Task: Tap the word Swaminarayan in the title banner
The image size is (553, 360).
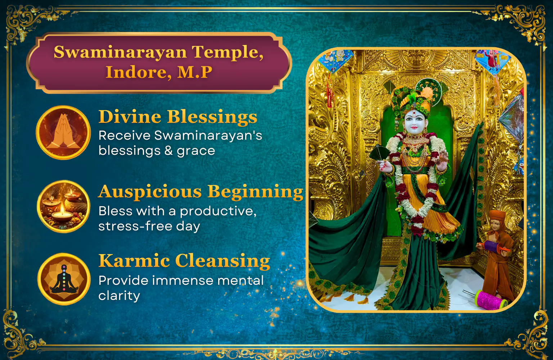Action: click(x=120, y=52)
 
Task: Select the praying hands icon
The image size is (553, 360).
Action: click(x=63, y=132)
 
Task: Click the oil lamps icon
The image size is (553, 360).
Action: click(x=63, y=206)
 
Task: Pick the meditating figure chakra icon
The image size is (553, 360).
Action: click(x=64, y=279)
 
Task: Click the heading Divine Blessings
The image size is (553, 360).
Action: click(x=178, y=117)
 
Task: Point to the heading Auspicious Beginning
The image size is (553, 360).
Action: click(x=201, y=192)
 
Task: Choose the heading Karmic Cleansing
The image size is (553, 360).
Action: click(x=184, y=261)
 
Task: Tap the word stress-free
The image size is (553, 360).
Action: click(x=135, y=226)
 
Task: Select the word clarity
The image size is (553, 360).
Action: click(x=119, y=296)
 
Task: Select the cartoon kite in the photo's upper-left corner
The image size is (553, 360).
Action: click(x=336, y=61)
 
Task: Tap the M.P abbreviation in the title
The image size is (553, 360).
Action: click(x=194, y=72)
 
